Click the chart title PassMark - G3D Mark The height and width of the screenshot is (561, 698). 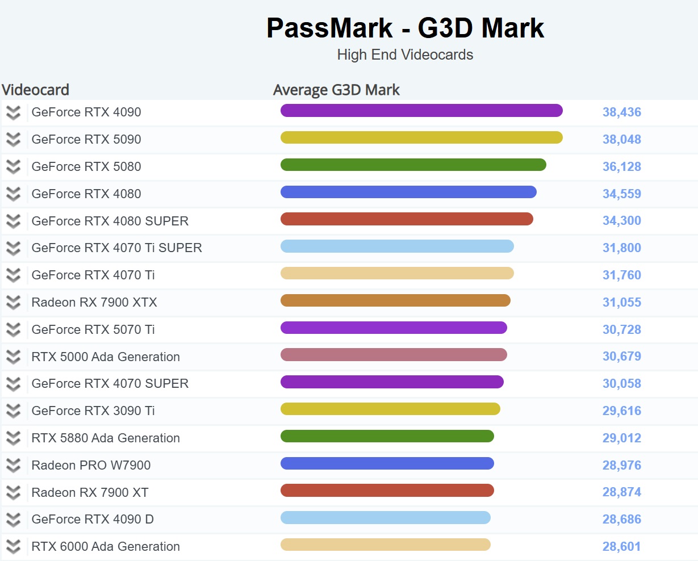(x=405, y=28)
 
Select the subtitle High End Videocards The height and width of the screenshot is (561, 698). (x=405, y=55)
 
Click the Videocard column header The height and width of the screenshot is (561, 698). (x=35, y=90)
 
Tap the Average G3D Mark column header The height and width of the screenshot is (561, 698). (x=336, y=90)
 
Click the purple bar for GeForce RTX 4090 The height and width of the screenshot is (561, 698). (x=421, y=111)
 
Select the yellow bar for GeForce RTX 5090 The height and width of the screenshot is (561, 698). (x=421, y=137)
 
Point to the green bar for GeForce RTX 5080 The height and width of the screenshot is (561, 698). (x=413, y=165)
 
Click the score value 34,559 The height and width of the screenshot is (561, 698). (x=621, y=194)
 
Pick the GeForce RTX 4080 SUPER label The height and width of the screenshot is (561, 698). (x=110, y=221)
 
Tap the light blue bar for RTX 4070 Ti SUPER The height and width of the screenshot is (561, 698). (x=397, y=246)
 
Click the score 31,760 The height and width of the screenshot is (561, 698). (x=621, y=275)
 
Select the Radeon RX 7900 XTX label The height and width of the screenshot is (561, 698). (x=94, y=302)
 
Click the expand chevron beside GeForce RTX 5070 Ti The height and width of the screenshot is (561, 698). (x=13, y=329)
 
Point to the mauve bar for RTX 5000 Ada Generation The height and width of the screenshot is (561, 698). (x=394, y=355)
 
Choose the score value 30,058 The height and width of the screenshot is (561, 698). (x=621, y=383)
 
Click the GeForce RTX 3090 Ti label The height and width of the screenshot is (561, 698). (x=93, y=411)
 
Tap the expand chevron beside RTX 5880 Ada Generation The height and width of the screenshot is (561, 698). (x=13, y=438)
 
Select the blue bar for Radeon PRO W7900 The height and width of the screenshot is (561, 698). (x=387, y=463)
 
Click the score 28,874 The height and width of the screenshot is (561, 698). (x=621, y=492)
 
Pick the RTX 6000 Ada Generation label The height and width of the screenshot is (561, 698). (x=106, y=546)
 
